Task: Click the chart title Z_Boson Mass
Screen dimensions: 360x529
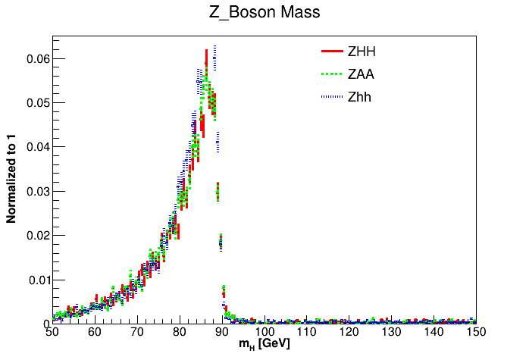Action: (x=264, y=12)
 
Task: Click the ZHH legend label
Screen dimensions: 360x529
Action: (x=361, y=52)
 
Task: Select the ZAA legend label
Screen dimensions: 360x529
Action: (x=361, y=74)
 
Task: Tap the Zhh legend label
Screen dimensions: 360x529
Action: (x=359, y=97)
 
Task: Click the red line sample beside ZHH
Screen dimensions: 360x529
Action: (x=332, y=52)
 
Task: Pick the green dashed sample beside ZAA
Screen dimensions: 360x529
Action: (x=332, y=74)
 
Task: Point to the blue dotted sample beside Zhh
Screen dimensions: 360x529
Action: (x=332, y=97)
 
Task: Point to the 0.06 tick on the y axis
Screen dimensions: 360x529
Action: (x=34, y=58)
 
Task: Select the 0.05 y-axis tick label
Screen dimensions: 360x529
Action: (x=34, y=102)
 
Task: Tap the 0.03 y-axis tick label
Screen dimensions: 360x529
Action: (x=34, y=191)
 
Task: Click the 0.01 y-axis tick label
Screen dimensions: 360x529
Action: (x=34, y=280)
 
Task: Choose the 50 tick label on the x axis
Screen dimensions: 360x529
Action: (x=52, y=332)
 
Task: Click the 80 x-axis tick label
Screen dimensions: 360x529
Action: (x=180, y=332)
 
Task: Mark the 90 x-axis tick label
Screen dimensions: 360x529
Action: (x=222, y=332)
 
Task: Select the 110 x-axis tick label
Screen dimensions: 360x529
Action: (x=307, y=332)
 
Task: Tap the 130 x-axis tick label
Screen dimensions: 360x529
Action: (x=392, y=332)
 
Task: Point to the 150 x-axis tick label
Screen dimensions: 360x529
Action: (x=476, y=332)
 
